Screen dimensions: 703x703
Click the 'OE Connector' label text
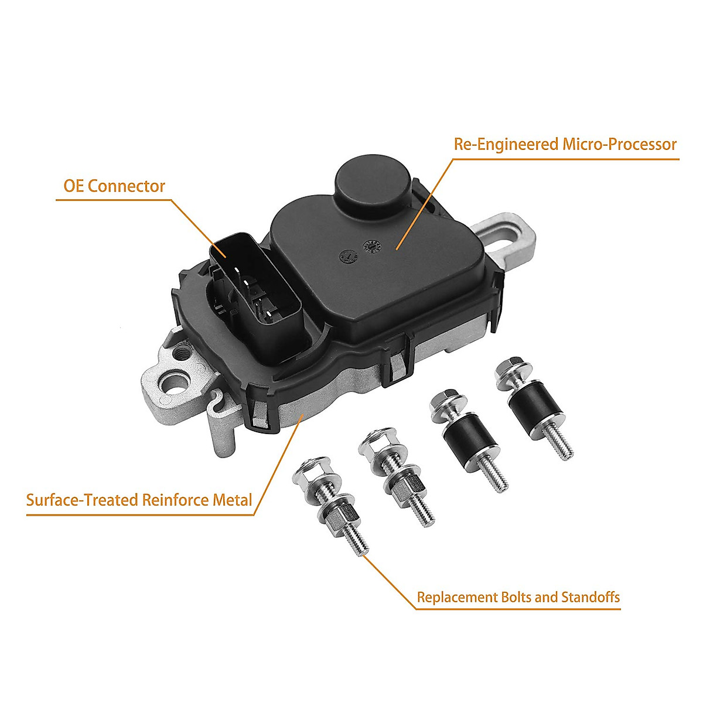[114, 186]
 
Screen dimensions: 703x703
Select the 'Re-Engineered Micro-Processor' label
[565, 144]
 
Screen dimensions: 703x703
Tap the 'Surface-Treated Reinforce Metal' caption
[139, 500]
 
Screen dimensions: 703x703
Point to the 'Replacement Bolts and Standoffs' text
[518, 598]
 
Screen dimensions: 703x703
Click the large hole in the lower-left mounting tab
[175, 384]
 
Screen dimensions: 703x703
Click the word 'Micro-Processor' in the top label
[619, 144]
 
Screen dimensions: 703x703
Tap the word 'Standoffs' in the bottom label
[590, 598]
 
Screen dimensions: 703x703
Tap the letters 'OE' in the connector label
[74, 186]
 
